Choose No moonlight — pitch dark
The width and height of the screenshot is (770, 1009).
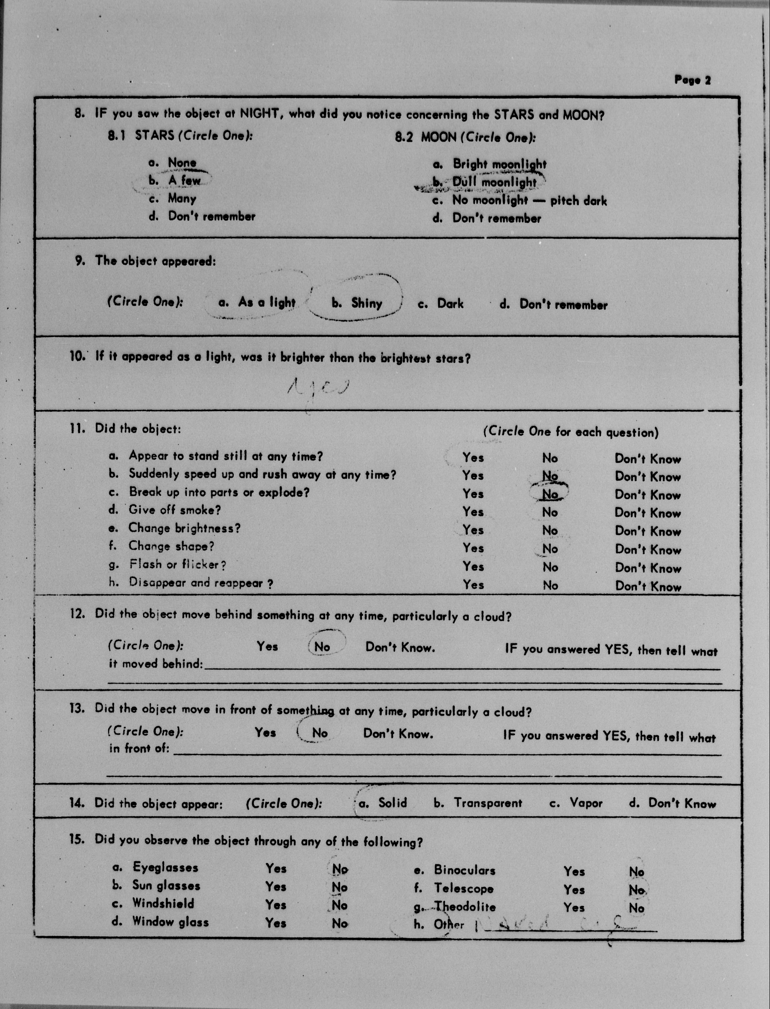529,200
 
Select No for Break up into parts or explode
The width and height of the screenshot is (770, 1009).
550,494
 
